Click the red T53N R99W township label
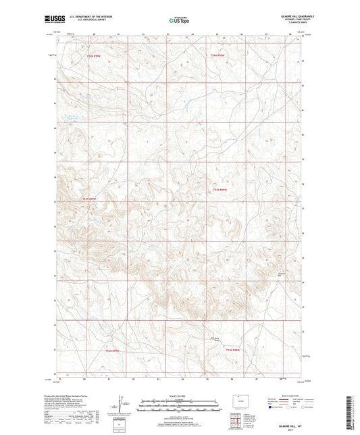90,198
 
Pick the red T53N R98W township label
220,189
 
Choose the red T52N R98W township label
232,349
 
